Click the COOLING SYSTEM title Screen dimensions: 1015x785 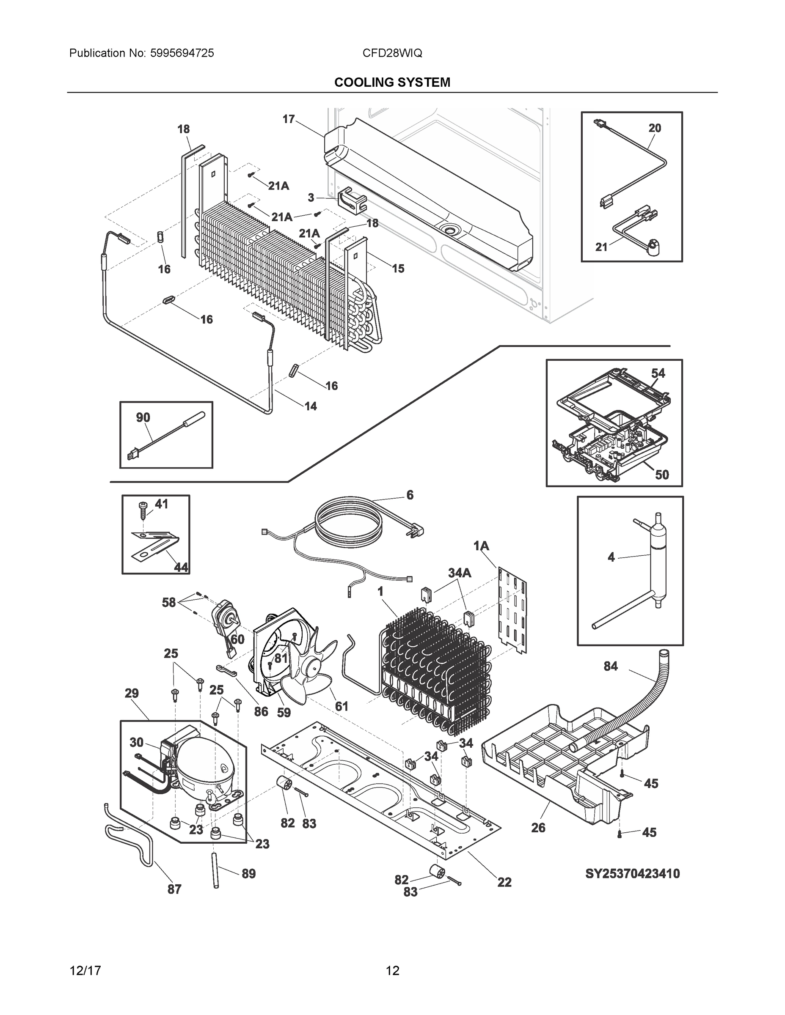pyautogui.click(x=392, y=82)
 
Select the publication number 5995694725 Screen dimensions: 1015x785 pyautogui.click(x=182, y=53)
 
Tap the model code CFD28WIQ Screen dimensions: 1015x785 pyautogui.click(x=392, y=53)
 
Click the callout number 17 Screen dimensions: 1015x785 pyautogui.click(x=288, y=119)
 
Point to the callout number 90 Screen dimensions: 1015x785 pyautogui.click(x=143, y=417)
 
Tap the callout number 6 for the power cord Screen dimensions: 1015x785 pyautogui.click(x=410, y=495)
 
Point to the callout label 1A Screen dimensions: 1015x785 pyautogui.click(x=481, y=546)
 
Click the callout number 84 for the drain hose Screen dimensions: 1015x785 pyautogui.click(x=610, y=666)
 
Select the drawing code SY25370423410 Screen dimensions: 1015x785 pyautogui.click(x=632, y=874)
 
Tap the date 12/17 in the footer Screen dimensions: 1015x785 pyautogui.click(x=85, y=971)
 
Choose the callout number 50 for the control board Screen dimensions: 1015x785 pyautogui.click(x=662, y=475)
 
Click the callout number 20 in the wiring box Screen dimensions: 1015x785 pyautogui.click(x=654, y=128)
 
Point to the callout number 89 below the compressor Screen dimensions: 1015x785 pyautogui.click(x=248, y=874)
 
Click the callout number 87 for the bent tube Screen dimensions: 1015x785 pyautogui.click(x=174, y=889)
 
